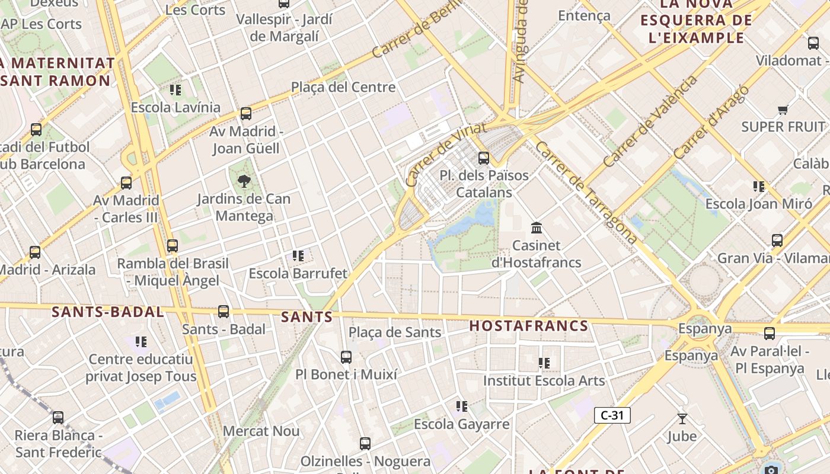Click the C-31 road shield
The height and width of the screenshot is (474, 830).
(612, 415)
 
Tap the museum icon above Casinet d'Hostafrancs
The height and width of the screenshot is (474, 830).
(537, 228)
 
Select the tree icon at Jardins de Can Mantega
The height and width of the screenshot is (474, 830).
(244, 181)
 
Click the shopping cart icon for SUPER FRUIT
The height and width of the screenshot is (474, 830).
(783, 110)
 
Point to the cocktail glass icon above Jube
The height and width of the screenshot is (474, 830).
(682, 419)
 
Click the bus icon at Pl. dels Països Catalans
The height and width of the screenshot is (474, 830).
(484, 158)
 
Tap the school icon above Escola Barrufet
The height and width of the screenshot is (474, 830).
(298, 256)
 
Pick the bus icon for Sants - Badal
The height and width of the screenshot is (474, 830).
(224, 312)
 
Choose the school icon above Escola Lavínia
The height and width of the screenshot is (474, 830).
(175, 90)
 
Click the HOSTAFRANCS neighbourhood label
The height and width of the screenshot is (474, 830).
(529, 326)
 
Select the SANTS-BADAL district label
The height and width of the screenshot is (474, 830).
(107, 312)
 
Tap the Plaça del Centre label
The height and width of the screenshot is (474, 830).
(343, 87)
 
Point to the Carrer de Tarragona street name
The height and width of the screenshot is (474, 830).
(587, 192)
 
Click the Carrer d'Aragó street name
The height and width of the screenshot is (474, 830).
(711, 122)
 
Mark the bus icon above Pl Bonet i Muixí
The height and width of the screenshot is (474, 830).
(346, 357)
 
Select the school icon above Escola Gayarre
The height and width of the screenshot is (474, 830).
(462, 406)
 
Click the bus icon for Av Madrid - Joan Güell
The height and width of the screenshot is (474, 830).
(246, 114)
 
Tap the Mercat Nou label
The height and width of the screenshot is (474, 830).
(261, 431)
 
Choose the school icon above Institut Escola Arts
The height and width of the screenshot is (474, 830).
(544, 363)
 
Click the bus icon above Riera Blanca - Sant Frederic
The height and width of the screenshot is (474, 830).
(58, 418)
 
